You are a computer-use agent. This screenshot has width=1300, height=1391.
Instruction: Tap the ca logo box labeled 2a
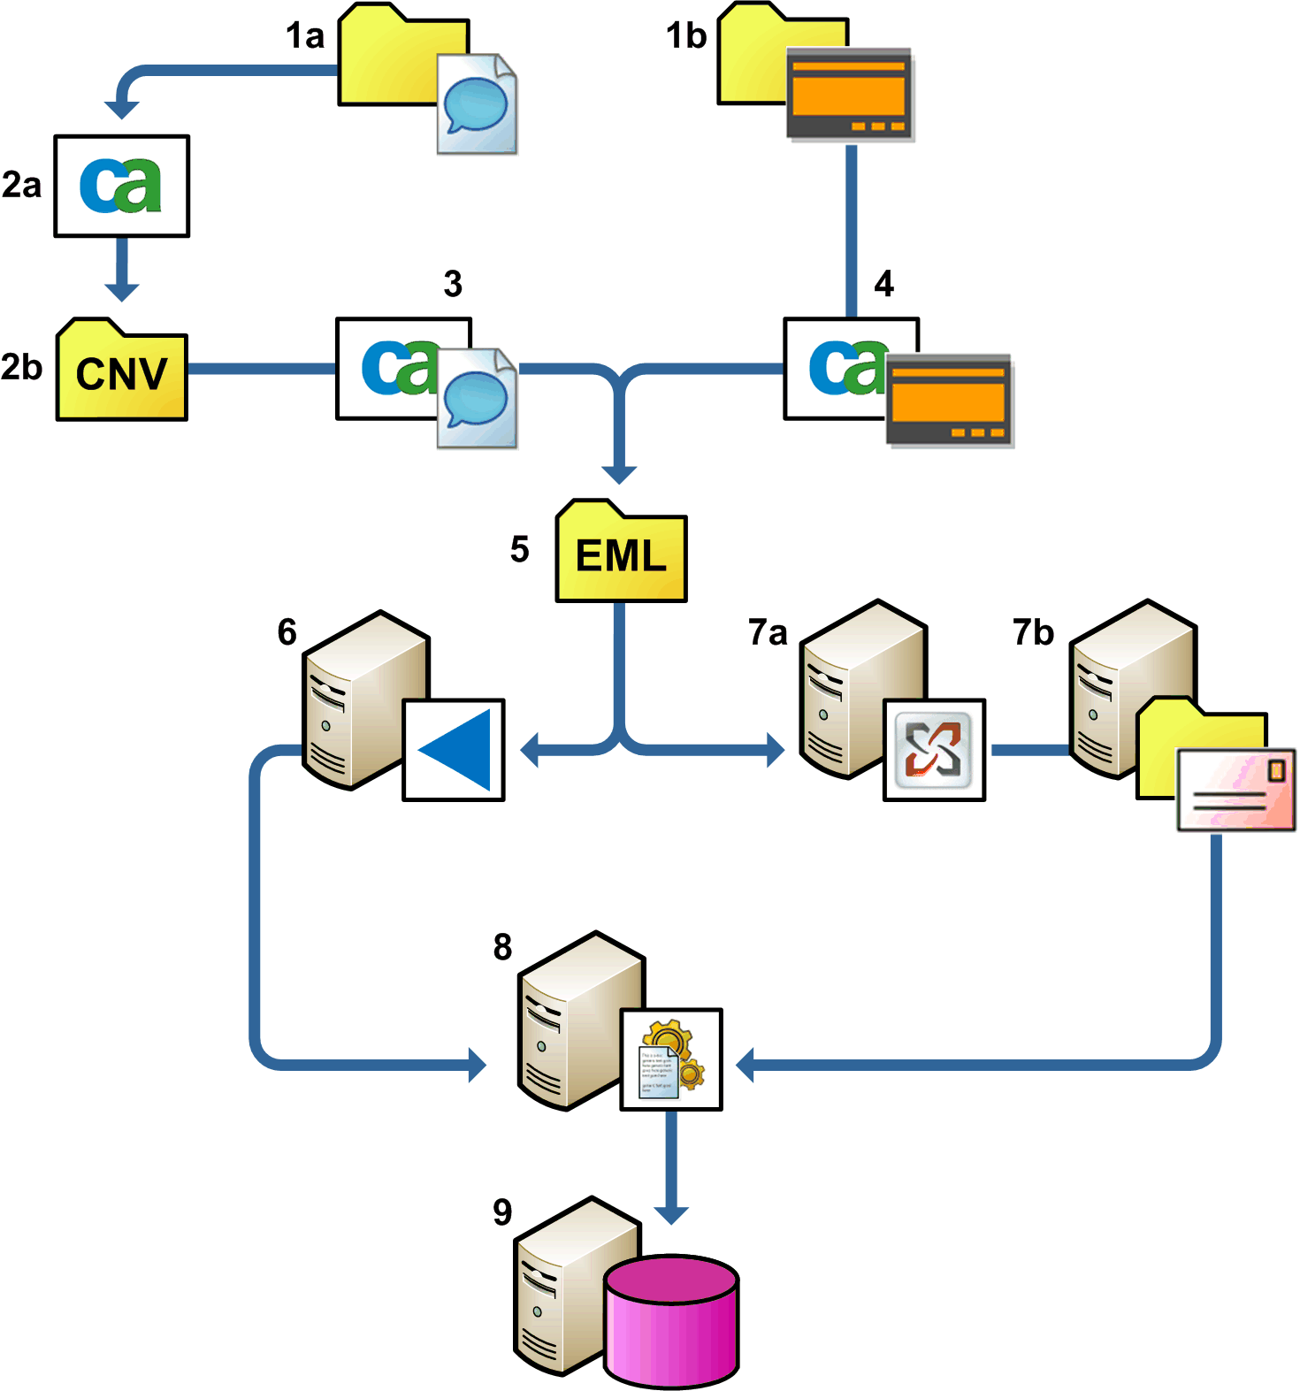122,186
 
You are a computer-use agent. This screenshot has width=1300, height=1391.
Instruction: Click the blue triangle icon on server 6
454,750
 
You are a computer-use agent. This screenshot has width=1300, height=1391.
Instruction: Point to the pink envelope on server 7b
1236,790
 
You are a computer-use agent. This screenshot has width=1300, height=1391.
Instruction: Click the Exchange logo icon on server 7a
934,750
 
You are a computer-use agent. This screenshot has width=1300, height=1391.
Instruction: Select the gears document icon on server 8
671,1059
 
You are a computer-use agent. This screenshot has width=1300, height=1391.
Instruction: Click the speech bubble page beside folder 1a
477,103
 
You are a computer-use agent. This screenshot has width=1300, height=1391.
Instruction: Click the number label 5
519,550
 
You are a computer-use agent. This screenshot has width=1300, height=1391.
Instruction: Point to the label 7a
768,633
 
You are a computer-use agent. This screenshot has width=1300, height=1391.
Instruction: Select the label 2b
21,367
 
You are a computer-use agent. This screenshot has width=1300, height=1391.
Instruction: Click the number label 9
502,1211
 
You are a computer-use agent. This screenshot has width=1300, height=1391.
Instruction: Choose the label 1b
686,36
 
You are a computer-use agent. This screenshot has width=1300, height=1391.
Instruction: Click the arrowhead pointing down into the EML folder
619,473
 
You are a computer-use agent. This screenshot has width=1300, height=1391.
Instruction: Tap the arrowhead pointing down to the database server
671,1214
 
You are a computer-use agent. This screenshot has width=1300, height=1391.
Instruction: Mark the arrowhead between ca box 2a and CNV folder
122,291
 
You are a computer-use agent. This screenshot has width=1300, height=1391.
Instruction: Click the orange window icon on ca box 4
950,401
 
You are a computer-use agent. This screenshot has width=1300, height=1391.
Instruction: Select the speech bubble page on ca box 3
477,398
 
